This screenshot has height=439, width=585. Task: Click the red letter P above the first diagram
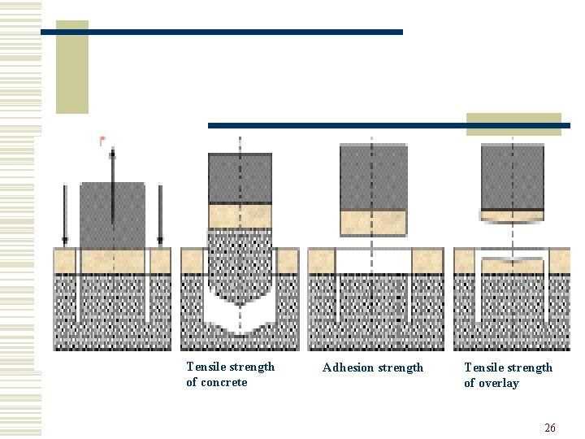pyautogui.click(x=102, y=141)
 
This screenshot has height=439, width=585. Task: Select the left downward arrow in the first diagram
pyautogui.click(x=65, y=215)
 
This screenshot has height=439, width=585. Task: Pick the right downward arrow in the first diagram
pyautogui.click(x=160, y=215)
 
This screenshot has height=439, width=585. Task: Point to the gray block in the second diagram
pyautogui.click(x=240, y=178)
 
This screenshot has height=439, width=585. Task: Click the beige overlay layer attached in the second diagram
pyautogui.click(x=240, y=215)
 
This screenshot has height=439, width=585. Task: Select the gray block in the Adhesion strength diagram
pyautogui.click(x=373, y=177)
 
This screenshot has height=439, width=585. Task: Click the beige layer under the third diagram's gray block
pyautogui.click(x=373, y=222)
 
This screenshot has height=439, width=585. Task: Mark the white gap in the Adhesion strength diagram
pyautogui.click(x=373, y=261)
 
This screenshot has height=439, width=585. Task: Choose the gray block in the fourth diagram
pyautogui.click(x=512, y=176)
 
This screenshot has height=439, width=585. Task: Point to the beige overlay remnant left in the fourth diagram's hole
pyautogui.click(x=512, y=268)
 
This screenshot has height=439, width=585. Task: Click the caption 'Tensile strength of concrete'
pyautogui.click(x=230, y=375)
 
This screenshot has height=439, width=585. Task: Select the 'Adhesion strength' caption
pyautogui.click(x=373, y=367)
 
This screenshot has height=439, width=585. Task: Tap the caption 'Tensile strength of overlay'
pyautogui.click(x=508, y=375)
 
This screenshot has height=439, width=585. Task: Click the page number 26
pyautogui.click(x=550, y=428)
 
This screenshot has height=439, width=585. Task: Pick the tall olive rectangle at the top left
pyautogui.click(x=72, y=67)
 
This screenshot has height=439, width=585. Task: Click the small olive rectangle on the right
pyautogui.click(x=513, y=124)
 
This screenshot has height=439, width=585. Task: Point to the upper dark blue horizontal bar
pyautogui.click(x=221, y=32)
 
